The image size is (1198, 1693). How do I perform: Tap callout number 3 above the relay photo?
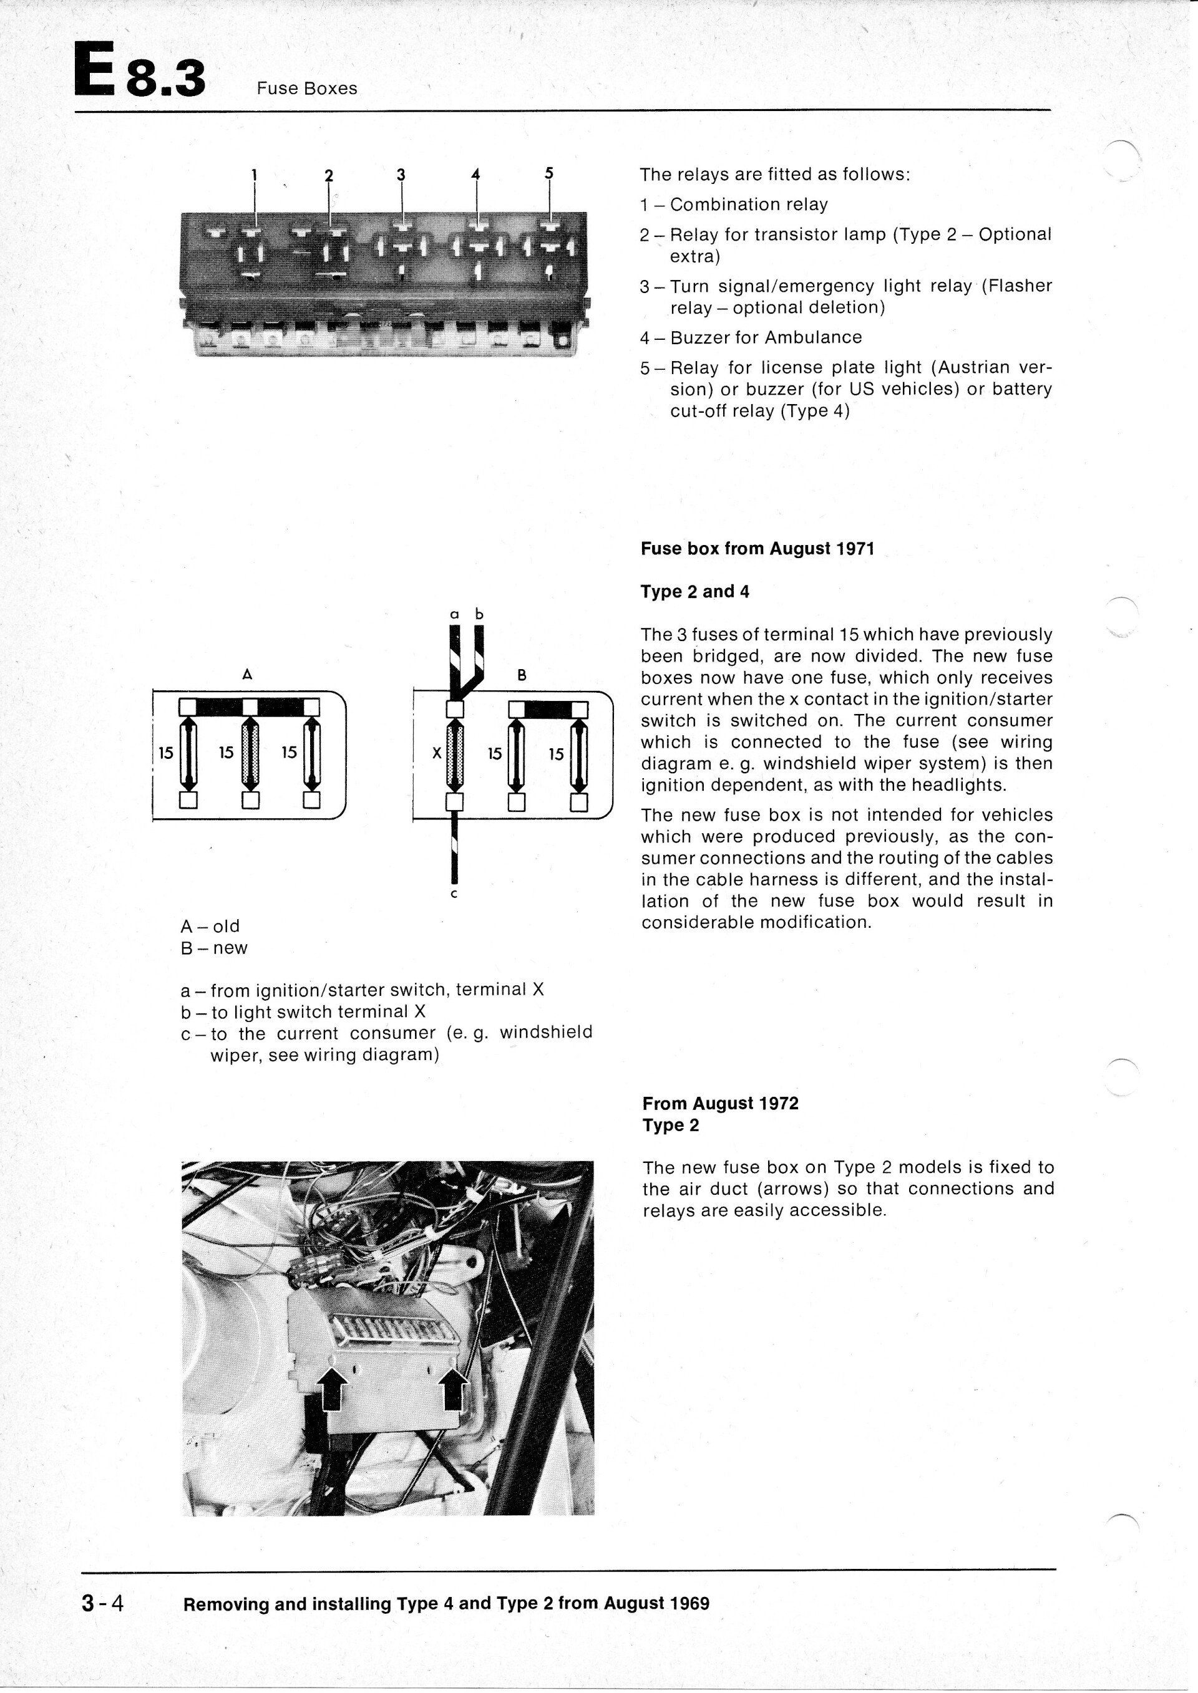[401, 175]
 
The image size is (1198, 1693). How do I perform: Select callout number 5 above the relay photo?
[549, 173]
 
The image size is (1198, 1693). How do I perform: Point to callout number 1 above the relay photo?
[255, 175]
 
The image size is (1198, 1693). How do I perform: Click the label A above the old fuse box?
[247, 673]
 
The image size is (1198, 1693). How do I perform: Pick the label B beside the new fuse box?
[522, 675]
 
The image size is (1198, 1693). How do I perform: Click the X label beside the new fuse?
[436, 754]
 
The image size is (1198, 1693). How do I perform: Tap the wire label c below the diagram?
[454, 894]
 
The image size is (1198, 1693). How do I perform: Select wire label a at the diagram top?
[454, 614]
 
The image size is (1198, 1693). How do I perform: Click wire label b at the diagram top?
[479, 614]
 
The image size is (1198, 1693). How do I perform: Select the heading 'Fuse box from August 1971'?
[757, 549]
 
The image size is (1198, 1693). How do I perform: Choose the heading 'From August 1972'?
[720, 1103]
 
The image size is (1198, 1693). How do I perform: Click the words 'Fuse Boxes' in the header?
[307, 89]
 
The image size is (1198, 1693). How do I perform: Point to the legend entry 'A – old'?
[210, 926]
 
